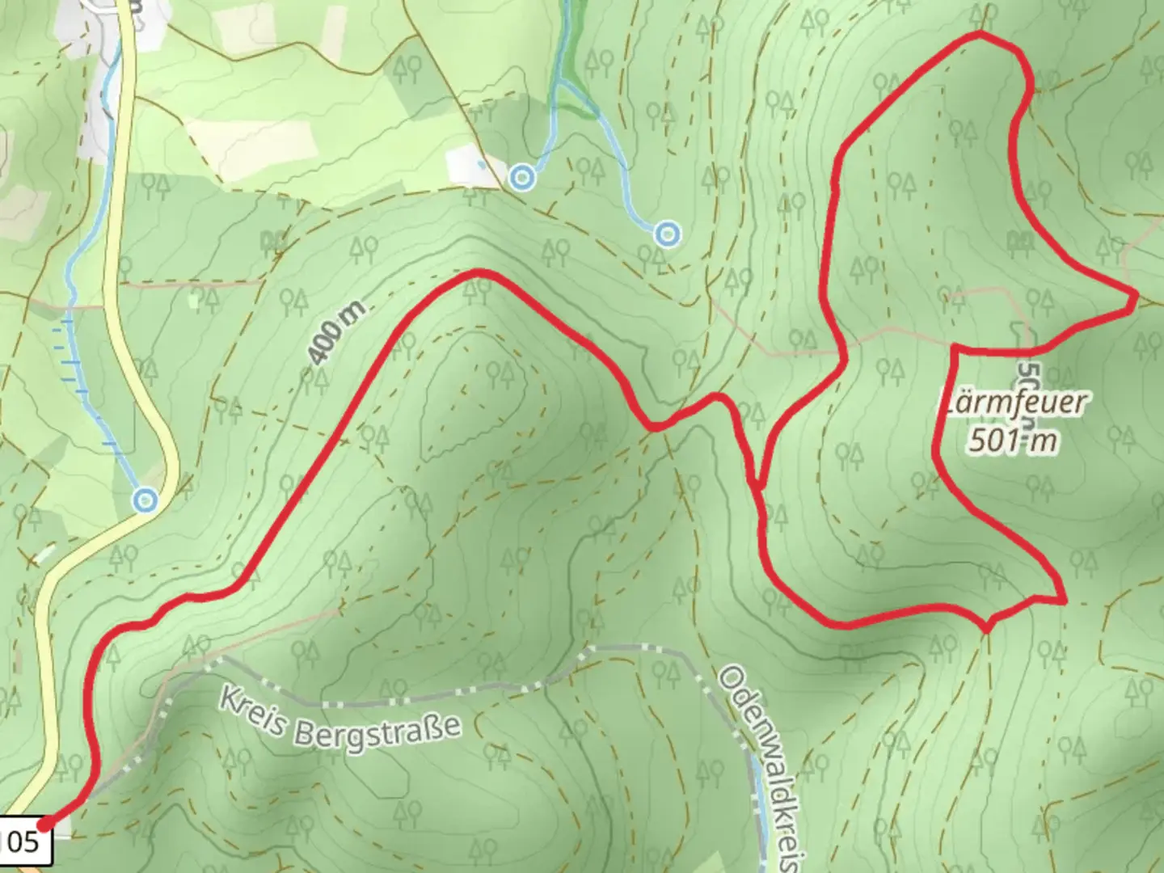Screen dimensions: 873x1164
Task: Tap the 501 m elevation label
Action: [1012, 441]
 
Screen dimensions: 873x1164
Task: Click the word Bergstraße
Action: [377, 731]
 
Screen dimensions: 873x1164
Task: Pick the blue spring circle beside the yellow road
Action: [145, 500]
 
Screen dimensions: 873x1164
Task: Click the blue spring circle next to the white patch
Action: [523, 176]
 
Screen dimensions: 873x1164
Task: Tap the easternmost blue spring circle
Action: [667, 234]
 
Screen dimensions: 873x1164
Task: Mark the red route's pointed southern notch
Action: [986, 627]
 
